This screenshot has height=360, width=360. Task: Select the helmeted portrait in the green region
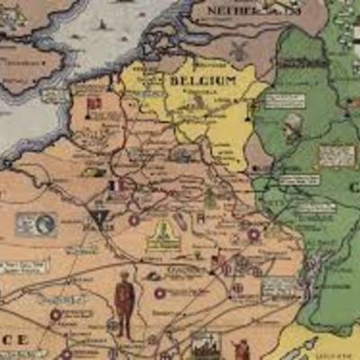[x=292, y=126]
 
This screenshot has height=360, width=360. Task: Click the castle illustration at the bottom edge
[x=205, y=345]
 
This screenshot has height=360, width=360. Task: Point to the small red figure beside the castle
[x=240, y=349]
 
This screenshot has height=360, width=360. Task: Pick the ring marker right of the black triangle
[x=134, y=219]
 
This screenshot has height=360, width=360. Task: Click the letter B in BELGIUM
[x=171, y=82]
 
